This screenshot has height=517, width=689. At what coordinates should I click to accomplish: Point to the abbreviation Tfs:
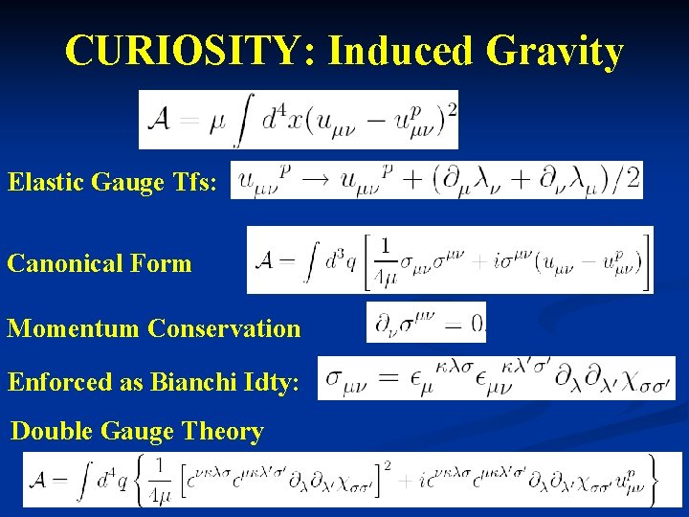[x=196, y=182]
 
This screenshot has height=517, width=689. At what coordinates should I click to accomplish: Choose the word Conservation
[x=224, y=329]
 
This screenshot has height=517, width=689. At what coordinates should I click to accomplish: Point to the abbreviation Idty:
[x=276, y=382]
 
